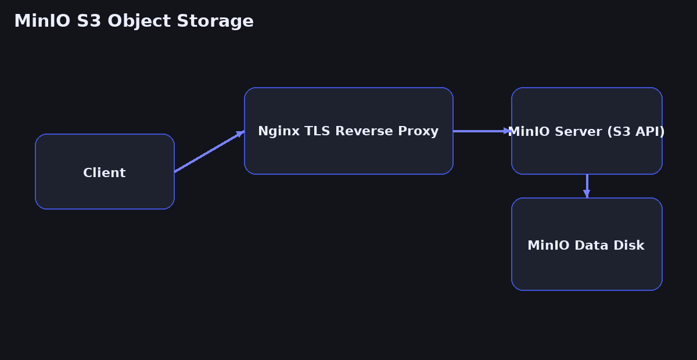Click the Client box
[x=105, y=172]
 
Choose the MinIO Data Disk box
[x=587, y=267]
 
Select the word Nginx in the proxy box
[x=275, y=132]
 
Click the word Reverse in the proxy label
[x=358, y=132]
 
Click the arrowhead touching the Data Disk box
[x=587, y=194]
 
